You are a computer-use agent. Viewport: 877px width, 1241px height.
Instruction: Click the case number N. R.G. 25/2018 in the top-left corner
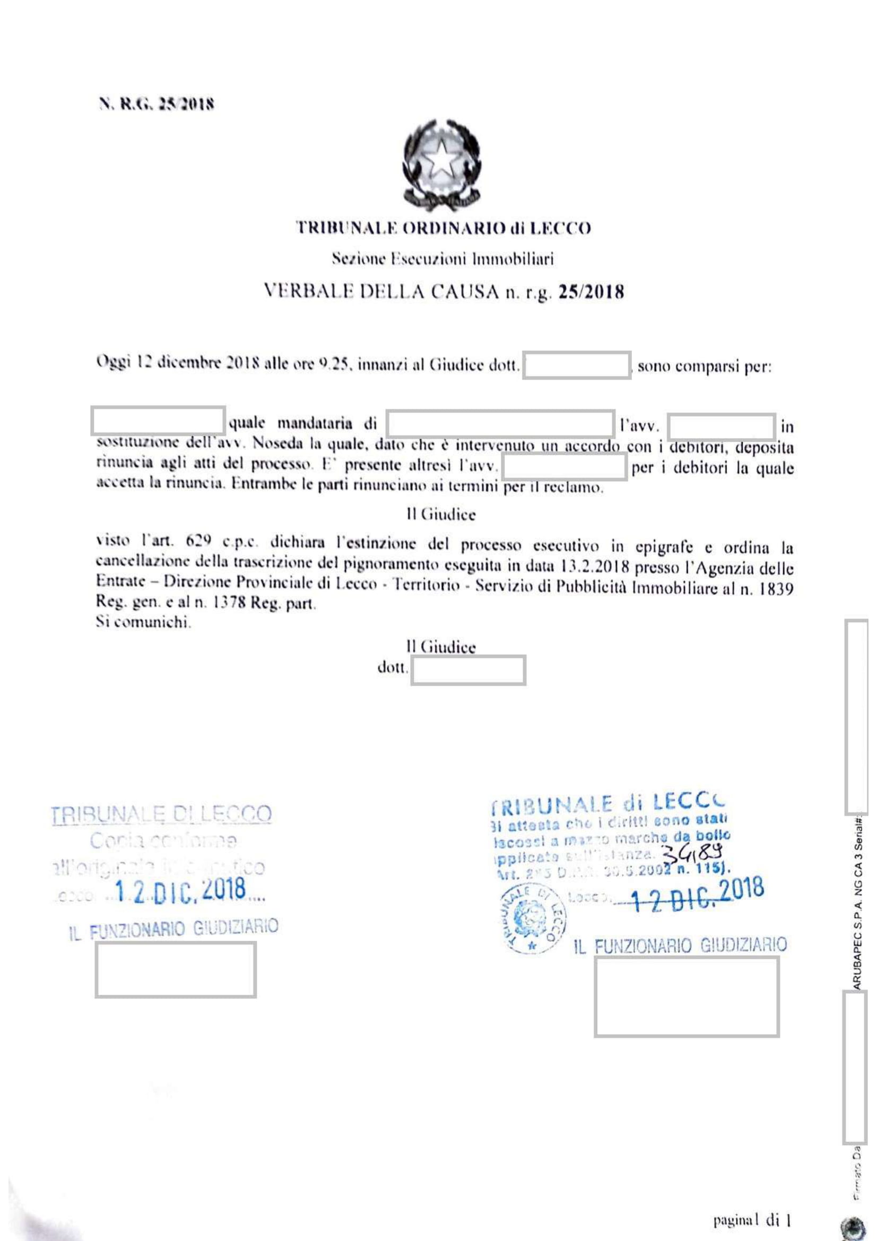[x=155, y=103]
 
